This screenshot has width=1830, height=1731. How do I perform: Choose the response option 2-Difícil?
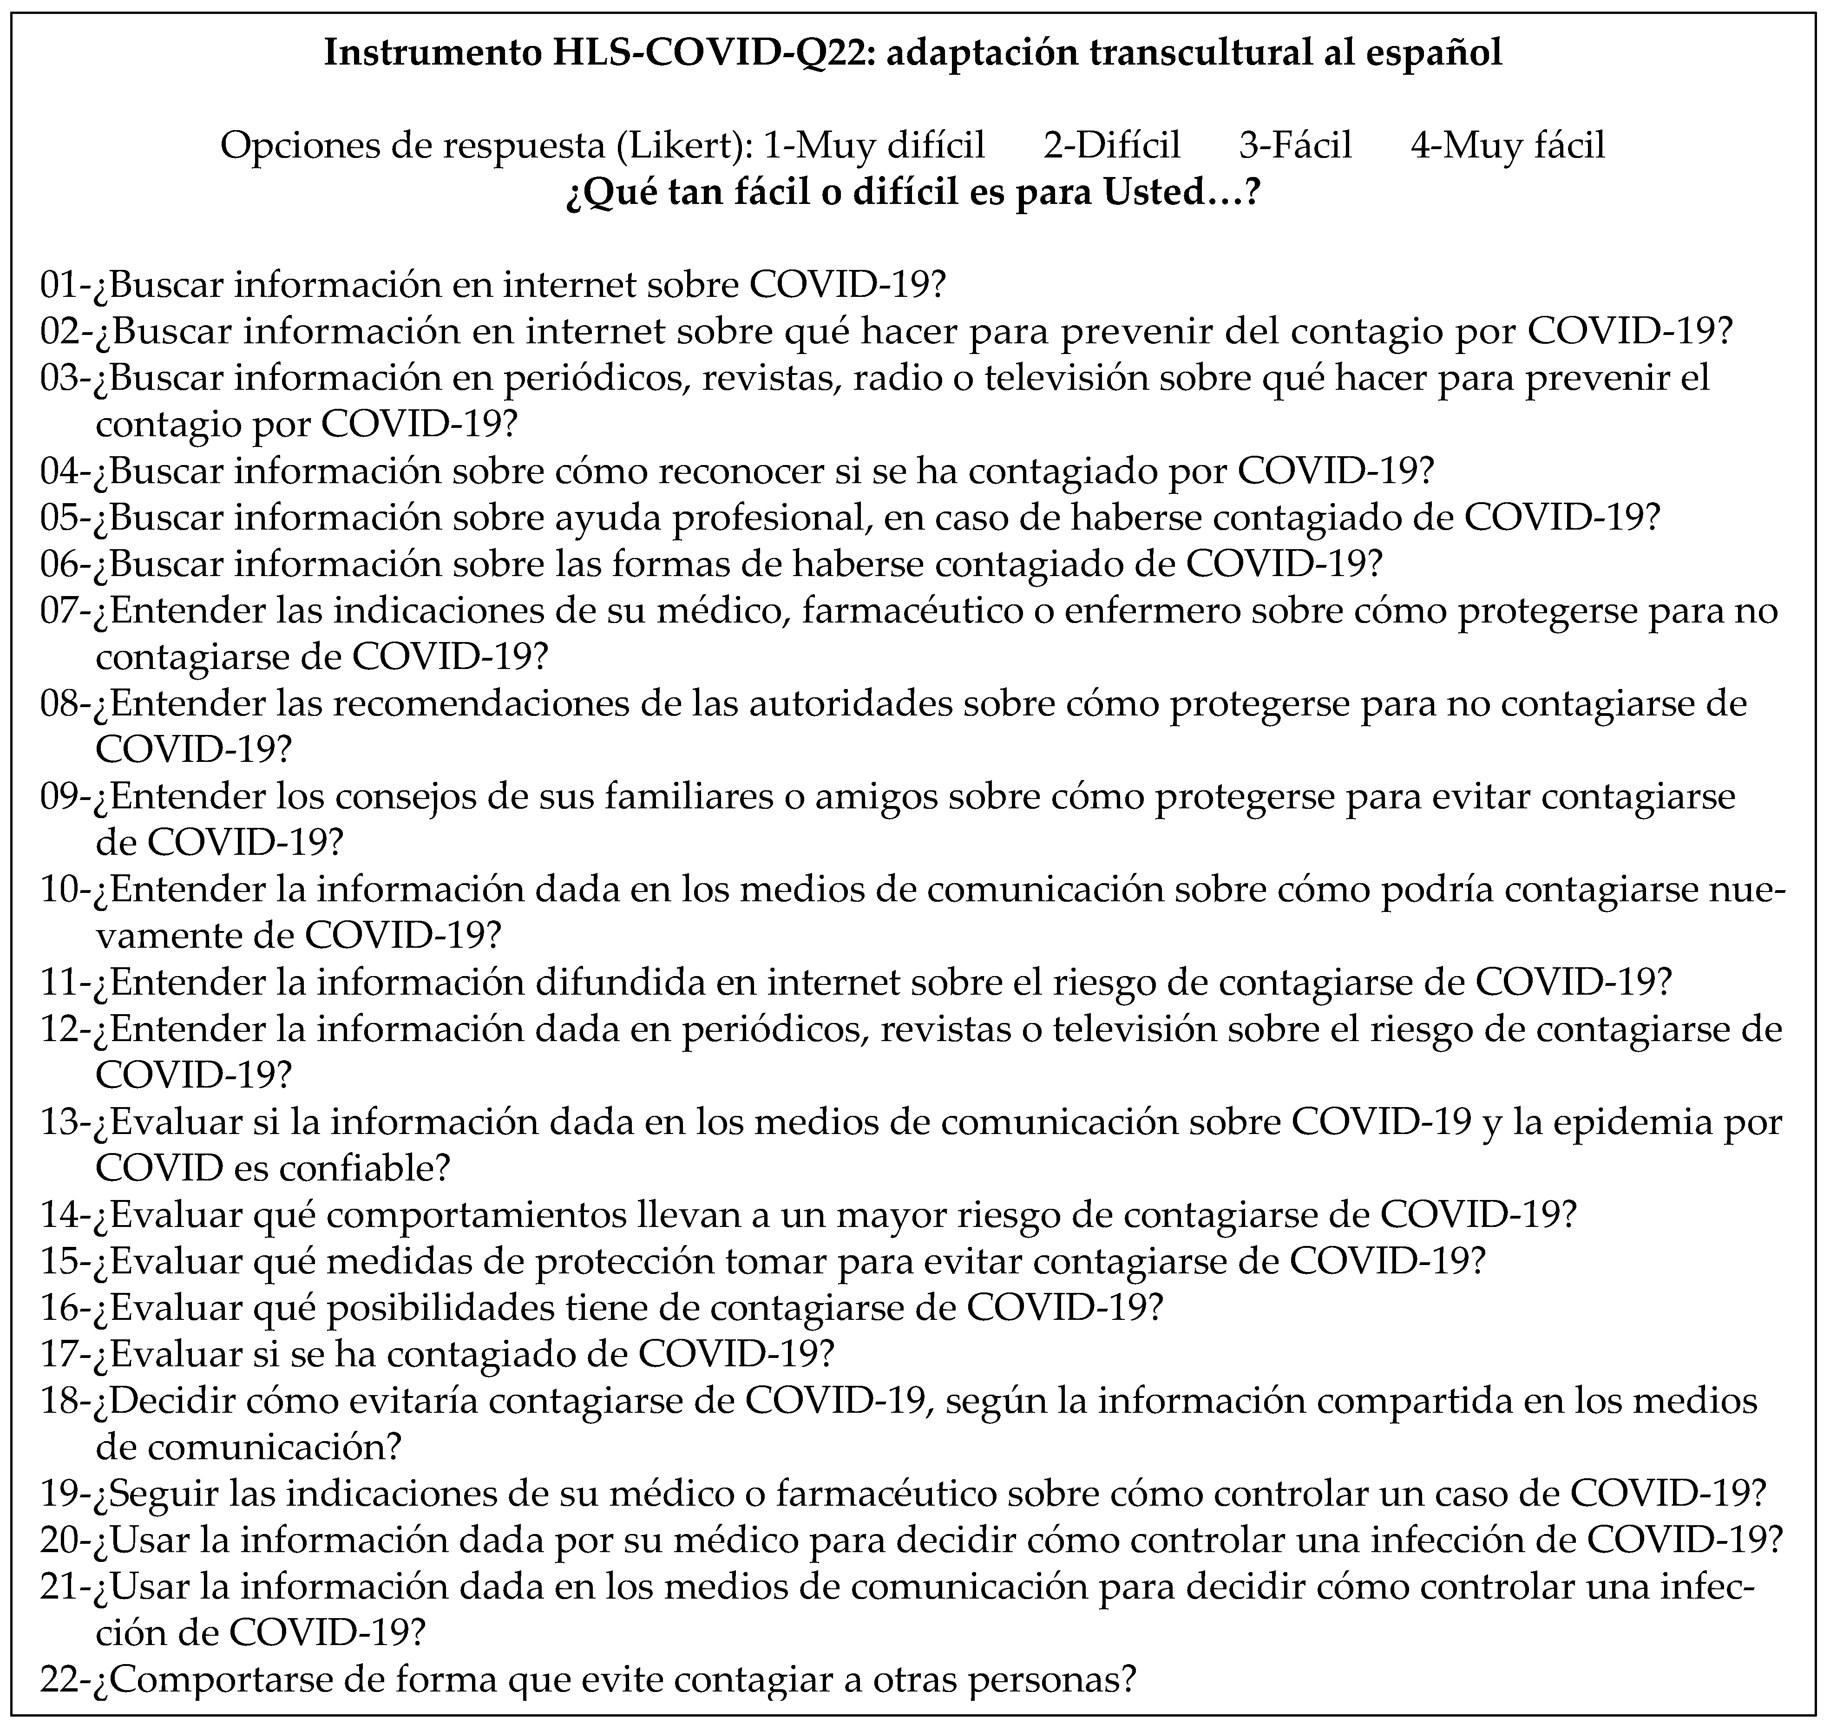[1112, 146]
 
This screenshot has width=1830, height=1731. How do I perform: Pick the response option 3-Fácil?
[1295, 146]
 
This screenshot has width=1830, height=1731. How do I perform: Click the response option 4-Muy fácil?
[1508, 146]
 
